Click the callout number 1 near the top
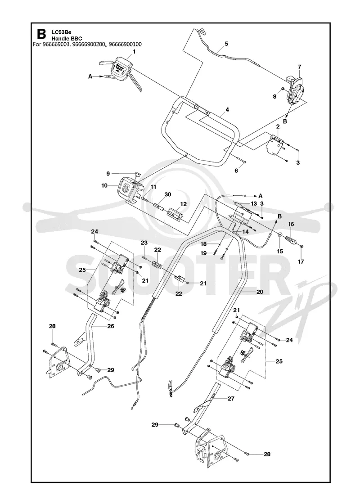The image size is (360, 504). pyautogui.click(x=134, y=51)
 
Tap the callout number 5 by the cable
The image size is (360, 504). pyautogui.click(x=226, y=43)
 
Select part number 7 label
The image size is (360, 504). pyautogui.click(x=300, y=67)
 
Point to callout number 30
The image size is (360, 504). pyautogui.click(x=168, y=194)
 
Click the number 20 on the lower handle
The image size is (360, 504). pyautogui.click(x=260, y=292)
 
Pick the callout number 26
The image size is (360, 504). pyautogui.click(x=111, y=326)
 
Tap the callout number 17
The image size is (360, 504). pyautogui.click(x=301, y=261)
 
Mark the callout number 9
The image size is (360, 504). pyautogui.click(x=108, y=174)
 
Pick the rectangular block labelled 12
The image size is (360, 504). pyautogui.click(x=175, y=213)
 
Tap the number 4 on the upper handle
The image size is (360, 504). pyautogui.click(x=227, y=110)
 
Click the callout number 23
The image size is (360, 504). pyautogui.click(x=144, y=243)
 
